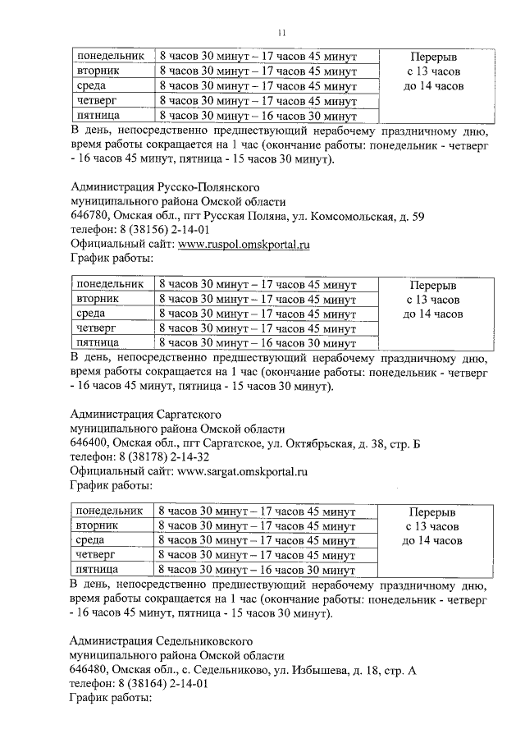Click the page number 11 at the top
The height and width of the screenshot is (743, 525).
pyautogui.click(x=281, y=32)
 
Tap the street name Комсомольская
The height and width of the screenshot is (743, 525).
pyautogui.click(x=354, y=216)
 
